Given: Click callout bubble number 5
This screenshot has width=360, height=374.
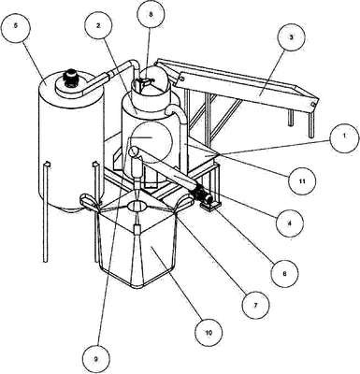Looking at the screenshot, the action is click(16, 26).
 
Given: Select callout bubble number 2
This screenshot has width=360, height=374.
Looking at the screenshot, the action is click(98, 26).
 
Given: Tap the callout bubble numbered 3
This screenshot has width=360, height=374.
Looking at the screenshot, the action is click(291, 37).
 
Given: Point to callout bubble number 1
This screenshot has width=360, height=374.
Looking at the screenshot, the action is click(344, 137).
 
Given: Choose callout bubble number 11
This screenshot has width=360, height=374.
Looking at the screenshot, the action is click(302, 181).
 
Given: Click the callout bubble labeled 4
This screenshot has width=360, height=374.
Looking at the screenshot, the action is click(289, 223).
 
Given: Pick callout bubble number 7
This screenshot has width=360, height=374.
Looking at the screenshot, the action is click(255, 305).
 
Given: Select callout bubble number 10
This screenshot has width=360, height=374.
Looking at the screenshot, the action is click(209, 333).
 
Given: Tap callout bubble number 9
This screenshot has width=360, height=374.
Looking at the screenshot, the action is click(96, 359).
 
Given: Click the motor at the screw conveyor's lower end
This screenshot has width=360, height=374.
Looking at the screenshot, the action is click(205, 195).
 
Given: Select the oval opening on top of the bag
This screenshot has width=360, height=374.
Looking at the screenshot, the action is click(137, 206).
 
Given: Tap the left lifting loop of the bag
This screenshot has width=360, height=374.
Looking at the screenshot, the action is click(89, 202).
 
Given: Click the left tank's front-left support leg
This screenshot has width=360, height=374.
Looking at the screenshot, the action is click(46, 212).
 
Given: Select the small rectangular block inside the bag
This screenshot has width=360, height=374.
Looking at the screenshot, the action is click(137, 230).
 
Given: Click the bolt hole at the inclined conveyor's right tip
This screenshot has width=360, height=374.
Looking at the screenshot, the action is click(313, 104).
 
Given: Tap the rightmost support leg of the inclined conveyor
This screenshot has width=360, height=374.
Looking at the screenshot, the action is click(310, 124).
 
